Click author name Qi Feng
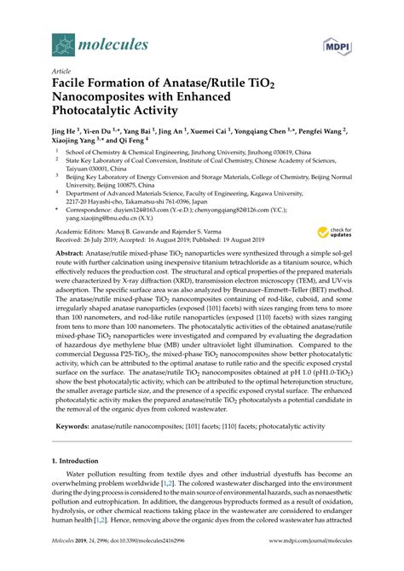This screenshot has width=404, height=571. click(125, 144)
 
